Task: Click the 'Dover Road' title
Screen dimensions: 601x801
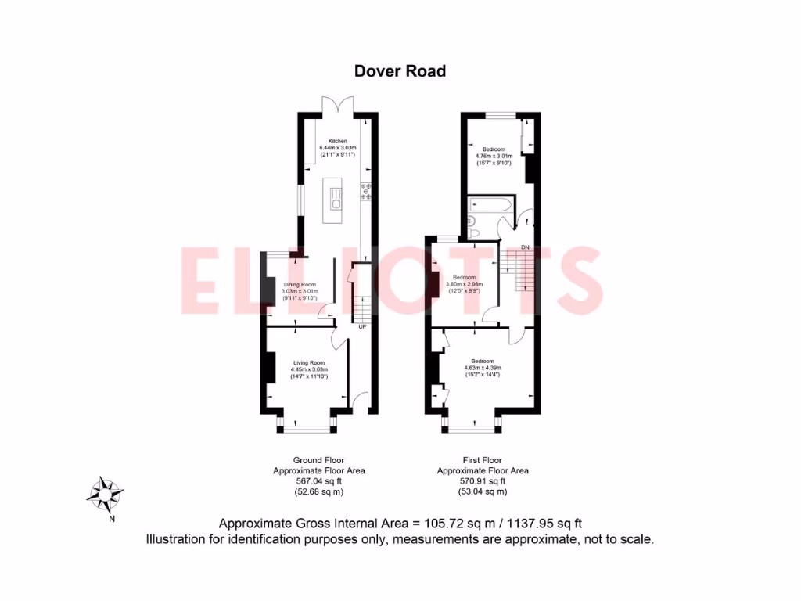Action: point(400,71)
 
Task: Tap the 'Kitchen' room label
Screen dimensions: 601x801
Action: point(337,142)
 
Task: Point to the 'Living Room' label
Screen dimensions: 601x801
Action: point(309,363)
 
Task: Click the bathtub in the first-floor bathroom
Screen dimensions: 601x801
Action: point(490,206)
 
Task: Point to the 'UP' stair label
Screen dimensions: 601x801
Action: point(362,326)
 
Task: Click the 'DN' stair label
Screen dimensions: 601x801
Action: point(525,247)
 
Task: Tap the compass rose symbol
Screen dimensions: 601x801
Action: point(103,493)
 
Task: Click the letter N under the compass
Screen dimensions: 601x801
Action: point(112,518)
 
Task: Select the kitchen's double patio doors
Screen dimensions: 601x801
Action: point(337,106)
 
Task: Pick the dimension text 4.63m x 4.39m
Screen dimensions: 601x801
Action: point(483,368)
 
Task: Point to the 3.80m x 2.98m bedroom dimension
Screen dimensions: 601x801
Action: point(465,284)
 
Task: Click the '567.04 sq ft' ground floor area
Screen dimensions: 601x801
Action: point(318,481)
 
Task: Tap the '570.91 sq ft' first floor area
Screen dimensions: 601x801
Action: point(483,481)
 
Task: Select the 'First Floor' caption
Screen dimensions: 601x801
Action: point(483,460)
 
